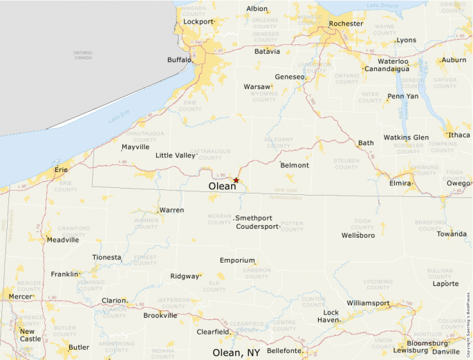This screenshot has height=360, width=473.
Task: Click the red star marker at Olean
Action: click(x=236, y=180)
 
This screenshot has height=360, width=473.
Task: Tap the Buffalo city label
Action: click(x=179, y=60)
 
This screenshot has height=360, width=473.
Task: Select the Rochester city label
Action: click(x=346, y=23)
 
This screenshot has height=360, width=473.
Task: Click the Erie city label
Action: click(x=62, y=169)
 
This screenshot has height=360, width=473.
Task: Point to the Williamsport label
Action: click(x=368, y=303)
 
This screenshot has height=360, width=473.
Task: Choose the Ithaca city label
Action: click(x=458, y=135)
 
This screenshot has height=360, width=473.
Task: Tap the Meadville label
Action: click(x=62, y=240)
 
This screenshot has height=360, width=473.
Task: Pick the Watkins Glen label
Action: click(x=406, y=138)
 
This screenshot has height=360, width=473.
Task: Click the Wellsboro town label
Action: click(x=358, y=236)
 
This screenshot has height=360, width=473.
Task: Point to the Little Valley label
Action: click(x=176, y=155)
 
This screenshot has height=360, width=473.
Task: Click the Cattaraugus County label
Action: click(x=210, y=153)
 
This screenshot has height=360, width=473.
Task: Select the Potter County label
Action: click(x=292, y=226)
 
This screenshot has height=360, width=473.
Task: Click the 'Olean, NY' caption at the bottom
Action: click(x=236, y=352)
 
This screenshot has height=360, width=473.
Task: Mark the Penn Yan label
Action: click(x=402, y=96)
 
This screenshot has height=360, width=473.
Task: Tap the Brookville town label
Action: click(x=160, y=316)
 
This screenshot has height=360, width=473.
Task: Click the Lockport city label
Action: click(x=198, y=21)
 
